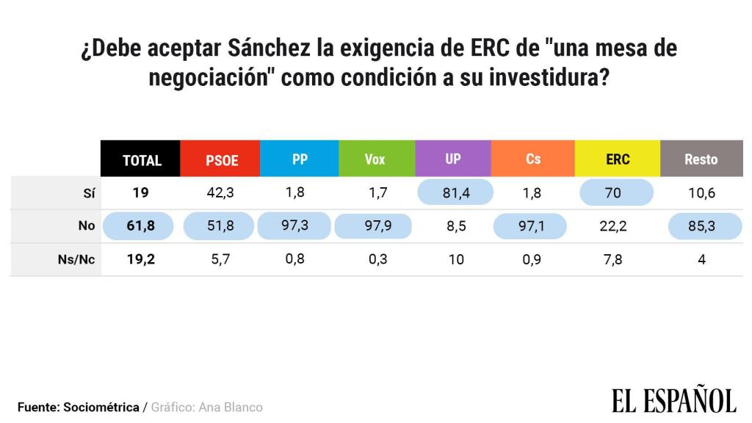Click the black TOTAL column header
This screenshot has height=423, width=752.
141,159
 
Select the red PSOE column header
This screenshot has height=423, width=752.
221,159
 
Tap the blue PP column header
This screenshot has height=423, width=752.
300,159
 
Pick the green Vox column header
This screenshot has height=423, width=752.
375,159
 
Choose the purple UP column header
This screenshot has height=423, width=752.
453,159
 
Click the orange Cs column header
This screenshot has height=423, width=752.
533,159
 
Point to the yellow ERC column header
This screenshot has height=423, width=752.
618,159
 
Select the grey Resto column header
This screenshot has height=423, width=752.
701,159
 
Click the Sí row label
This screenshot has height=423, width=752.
87,193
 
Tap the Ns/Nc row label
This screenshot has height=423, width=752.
76,259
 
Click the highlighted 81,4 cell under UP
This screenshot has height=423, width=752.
455,193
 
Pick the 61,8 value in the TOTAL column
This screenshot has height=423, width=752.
140,226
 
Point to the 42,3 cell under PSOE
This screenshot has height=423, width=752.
220,193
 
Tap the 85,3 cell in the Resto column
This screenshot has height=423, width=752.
701,226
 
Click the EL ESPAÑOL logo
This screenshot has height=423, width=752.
673,400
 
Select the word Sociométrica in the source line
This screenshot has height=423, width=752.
101,407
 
